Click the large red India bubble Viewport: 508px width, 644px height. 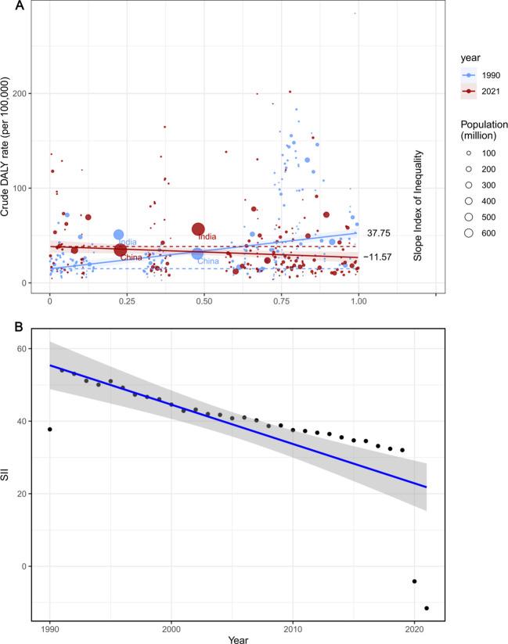click(x=199, y=229)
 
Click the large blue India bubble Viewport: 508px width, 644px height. click(x=119, y=235)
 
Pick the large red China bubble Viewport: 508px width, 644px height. click(x=121, y=250)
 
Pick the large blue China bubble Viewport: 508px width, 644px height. click(x=197, y=254)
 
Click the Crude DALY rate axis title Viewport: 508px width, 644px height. click(x=7, y=149)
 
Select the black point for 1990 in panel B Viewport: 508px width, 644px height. click(x=50, y=429)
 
